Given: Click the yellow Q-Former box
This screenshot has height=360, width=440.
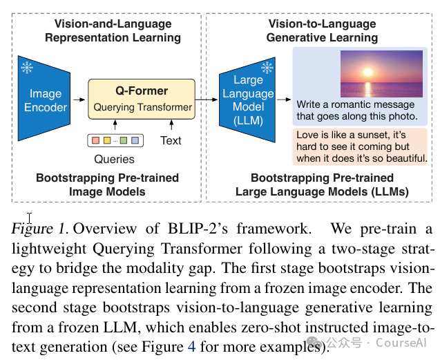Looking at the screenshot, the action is click(142, 99).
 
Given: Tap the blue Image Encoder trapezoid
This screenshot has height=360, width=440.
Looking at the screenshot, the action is click(44, 98).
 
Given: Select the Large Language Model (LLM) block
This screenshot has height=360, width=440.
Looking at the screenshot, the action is click(247, 100).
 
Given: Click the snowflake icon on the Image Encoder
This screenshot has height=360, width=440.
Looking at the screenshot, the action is click(27, 68).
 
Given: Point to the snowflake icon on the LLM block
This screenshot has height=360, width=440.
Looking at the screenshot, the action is click(267, 68).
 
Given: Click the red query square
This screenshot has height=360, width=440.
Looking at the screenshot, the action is click(96, 140).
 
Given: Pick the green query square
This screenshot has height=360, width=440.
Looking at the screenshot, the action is click(124, 140).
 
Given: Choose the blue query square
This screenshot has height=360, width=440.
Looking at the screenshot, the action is click(135, 140).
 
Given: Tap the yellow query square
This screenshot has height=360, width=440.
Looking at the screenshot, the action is click(107, 140).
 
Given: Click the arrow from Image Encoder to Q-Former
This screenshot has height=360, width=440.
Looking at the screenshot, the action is click(79, 100).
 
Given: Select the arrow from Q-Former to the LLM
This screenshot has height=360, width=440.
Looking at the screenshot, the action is click(207, 100).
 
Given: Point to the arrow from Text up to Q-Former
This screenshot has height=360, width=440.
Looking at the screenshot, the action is click(171, 124).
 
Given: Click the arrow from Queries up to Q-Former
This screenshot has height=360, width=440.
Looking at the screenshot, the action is click(115, 124).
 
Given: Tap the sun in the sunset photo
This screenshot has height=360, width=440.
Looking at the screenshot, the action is click(368, 73).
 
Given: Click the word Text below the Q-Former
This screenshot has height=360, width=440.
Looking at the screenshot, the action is click(171, 140).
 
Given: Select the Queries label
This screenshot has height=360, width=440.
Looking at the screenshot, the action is click(114, 159).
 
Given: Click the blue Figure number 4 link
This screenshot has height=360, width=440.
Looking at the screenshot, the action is click(191, 346).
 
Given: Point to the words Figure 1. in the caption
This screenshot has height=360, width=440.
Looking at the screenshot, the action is click(39, 229).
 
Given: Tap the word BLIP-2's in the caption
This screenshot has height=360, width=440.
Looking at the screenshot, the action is click(198, 228).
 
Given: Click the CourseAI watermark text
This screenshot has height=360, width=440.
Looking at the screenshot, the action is click(401, 343).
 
